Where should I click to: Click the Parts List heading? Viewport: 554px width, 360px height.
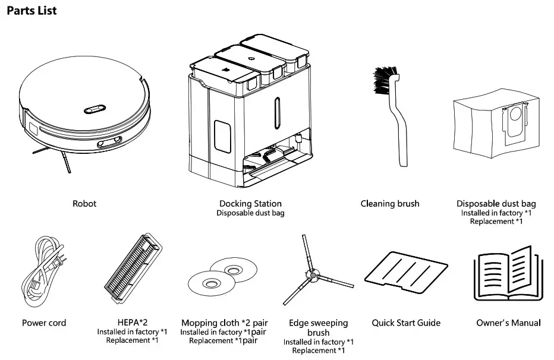click(x=32, y=11)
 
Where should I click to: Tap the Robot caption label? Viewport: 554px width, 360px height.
click(x=84, y=204)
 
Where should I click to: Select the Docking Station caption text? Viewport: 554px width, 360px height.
click(x=250, y=204)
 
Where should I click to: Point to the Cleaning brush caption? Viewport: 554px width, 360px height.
click(x=390, y=204)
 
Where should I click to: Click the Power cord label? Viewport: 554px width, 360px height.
click(x=44, y=323)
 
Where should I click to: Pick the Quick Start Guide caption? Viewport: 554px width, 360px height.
click(x=406, y=323)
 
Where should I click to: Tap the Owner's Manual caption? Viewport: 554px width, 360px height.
click(x=508, y=323)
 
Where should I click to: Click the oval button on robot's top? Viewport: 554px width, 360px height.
click(x=94, y=109)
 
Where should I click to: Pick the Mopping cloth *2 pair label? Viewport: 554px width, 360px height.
click(x=223, y=323)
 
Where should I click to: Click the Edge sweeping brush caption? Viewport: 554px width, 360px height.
click(x=318, y=328)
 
